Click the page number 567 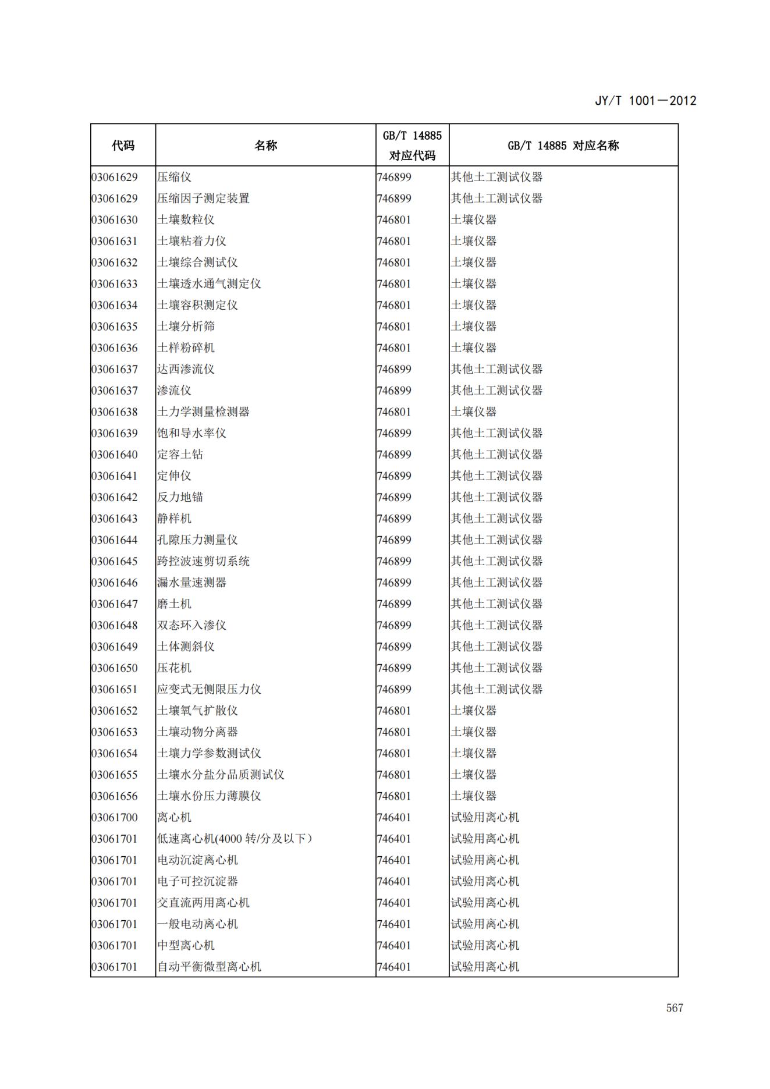tap(674, 1008)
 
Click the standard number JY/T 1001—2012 tap(645, 101)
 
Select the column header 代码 tap(123, 146)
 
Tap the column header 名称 tap(265, 146)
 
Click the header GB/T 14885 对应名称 tap(563, 146)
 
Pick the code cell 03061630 tap(115, 220)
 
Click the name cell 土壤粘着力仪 tap(191, 241)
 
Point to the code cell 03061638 tap(115, 412)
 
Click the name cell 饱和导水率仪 tap(191, 433)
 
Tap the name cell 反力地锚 tap(180, 497)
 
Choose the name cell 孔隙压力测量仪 tap(197, 540)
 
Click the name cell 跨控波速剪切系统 tap(203, 561)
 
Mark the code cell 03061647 tap(115, 604)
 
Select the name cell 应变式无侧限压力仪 tap(209, 689)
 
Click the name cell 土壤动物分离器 tap(197, 732)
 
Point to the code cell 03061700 tap(115, 817)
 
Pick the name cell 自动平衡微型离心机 tap(209, 967)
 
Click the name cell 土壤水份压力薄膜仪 tap(209, 796)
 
